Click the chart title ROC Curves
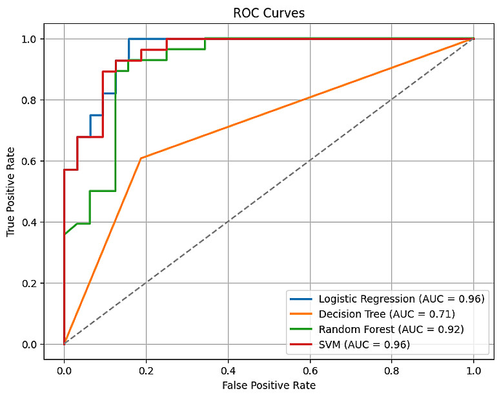coord(269,13)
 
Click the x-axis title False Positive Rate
coord(269,385)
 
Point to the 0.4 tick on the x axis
coord(228,371)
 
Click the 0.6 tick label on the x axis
coord(310,371)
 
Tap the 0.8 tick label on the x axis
coord(392,371)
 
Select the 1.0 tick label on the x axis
coord(474,371)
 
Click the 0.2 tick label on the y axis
coord(30,283)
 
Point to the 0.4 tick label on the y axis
coord(30,222)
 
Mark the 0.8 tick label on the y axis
coord(30,100)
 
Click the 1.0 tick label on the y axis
coord(30,39)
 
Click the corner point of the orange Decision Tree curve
coord(141,158)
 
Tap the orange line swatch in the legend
coord(303,314)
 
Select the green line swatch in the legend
coord(303,329)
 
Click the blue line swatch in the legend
coord(303,299)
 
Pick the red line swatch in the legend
coord(303,344)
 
